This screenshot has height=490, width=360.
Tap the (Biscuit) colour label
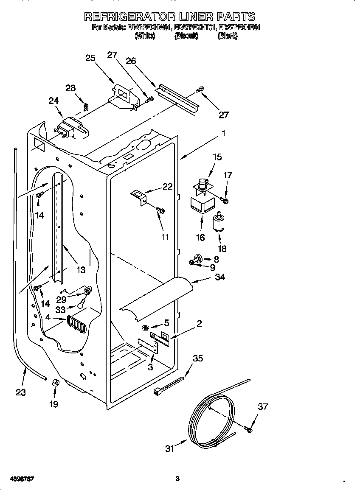(x=186, y=36)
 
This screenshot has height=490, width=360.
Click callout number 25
(x=90, y=58)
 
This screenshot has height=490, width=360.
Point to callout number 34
(x=220, y=277)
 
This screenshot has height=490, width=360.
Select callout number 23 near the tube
(x=21, y=392)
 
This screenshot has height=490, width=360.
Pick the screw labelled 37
(x=248, y=430)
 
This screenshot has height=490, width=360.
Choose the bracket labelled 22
(x=139, y=196)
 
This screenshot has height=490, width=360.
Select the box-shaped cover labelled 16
(x=201, y=205)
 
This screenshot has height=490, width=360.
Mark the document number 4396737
(x=17, y=479)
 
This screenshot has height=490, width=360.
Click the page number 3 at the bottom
(x=177, y=479)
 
